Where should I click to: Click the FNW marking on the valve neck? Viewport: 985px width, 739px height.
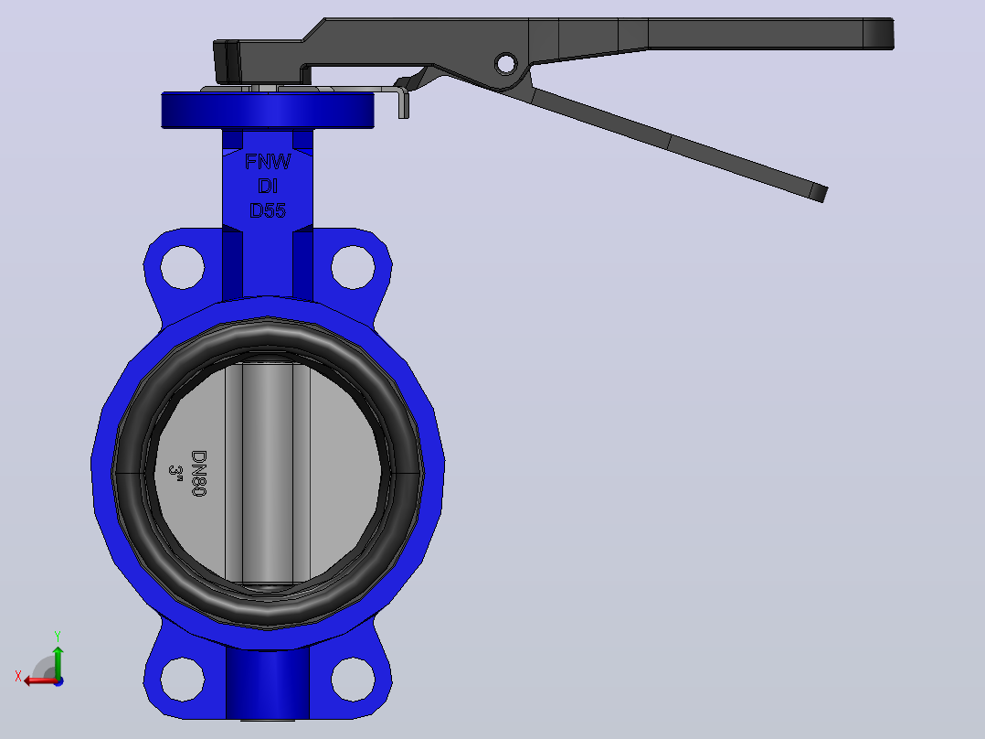tap(268, 162)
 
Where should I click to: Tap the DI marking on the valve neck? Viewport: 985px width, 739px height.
tap(268, 186)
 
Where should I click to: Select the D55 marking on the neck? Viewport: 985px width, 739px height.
tap(268, 210)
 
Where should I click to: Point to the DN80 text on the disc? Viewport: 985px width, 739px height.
tap(198, 473)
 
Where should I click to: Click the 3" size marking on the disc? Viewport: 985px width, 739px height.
tap(175, 473)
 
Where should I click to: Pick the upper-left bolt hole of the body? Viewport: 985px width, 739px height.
tap(182, 267)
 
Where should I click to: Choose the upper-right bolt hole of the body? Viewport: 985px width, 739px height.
tap(353, 267)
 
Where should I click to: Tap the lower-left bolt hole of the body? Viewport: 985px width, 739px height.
tap(182, 680)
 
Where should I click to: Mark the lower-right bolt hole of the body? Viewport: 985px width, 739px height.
tap(353, 680)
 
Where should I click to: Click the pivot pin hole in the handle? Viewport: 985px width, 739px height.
tap(505, 63)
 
